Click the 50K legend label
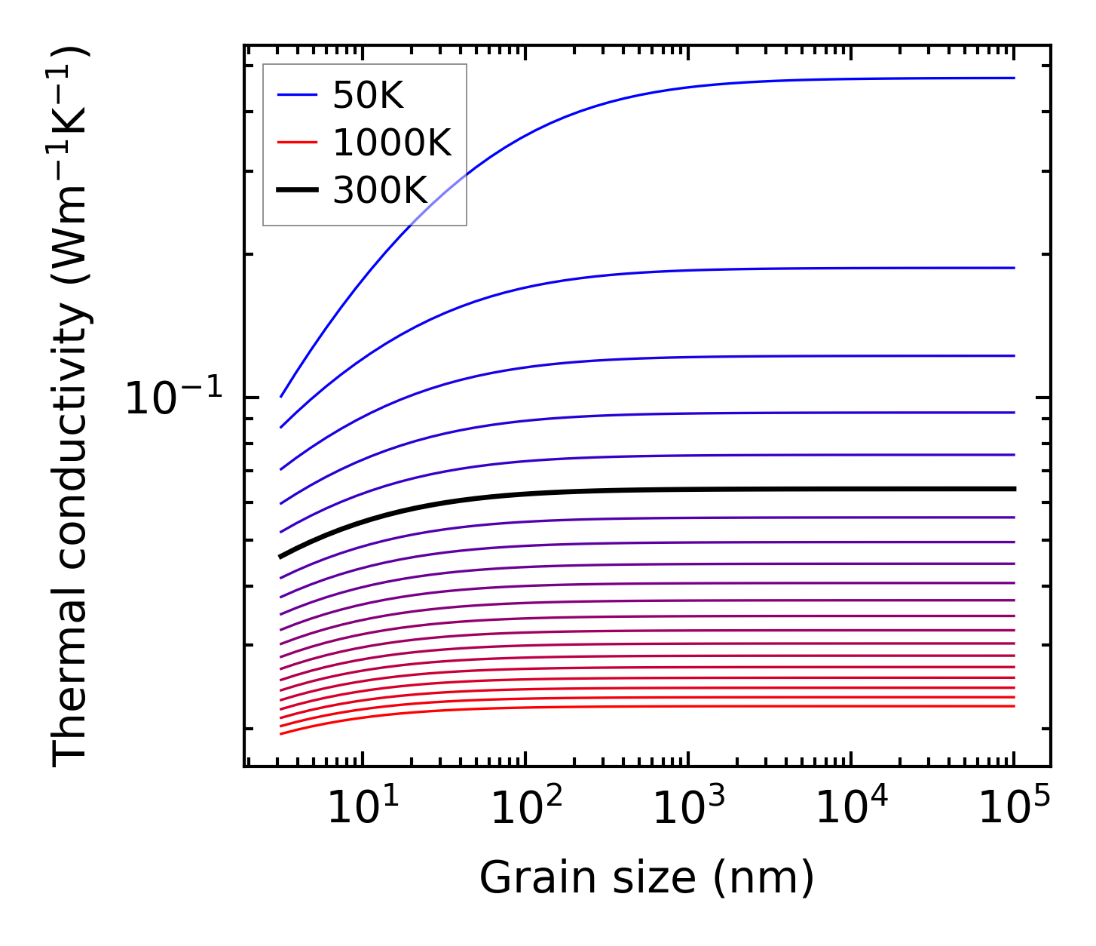tap(368, 95)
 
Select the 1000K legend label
tap(392, 143)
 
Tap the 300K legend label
tap(380, 191)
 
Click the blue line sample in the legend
tap(297, 95)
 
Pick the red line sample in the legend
tap(297, 143)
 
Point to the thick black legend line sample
tap(297, 191)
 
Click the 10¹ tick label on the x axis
tap(363, 809)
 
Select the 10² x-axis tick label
tap(527, 809)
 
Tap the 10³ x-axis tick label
tap(689, 809)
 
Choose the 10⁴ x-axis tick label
tap(852, 809)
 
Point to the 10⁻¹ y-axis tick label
tap(174, 399)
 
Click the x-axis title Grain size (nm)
tap(647, 878)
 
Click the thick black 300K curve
tap(678, 490)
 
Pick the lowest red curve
tap(678, 706)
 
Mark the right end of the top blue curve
tap(1014, 78)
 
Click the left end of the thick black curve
tap(280, 557)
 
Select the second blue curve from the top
tap(678, 270)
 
